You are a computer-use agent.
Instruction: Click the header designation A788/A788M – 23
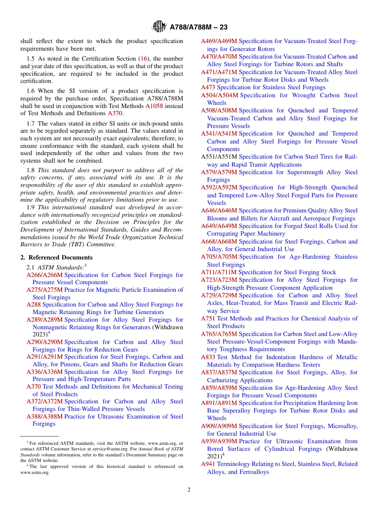coord(198,28)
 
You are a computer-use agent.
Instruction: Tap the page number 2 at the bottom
coord(189,490)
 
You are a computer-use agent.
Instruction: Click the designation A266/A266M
coord(45,275)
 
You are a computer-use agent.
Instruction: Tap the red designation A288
coord(33,305)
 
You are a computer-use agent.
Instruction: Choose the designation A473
coord(208,87)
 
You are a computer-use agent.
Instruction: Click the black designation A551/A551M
coord(219,157)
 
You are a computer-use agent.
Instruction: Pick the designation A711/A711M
coord(218,272)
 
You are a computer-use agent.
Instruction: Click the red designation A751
coord(208,318)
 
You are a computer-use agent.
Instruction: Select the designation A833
coord(208,357)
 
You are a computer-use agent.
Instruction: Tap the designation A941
coord(208,464)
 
